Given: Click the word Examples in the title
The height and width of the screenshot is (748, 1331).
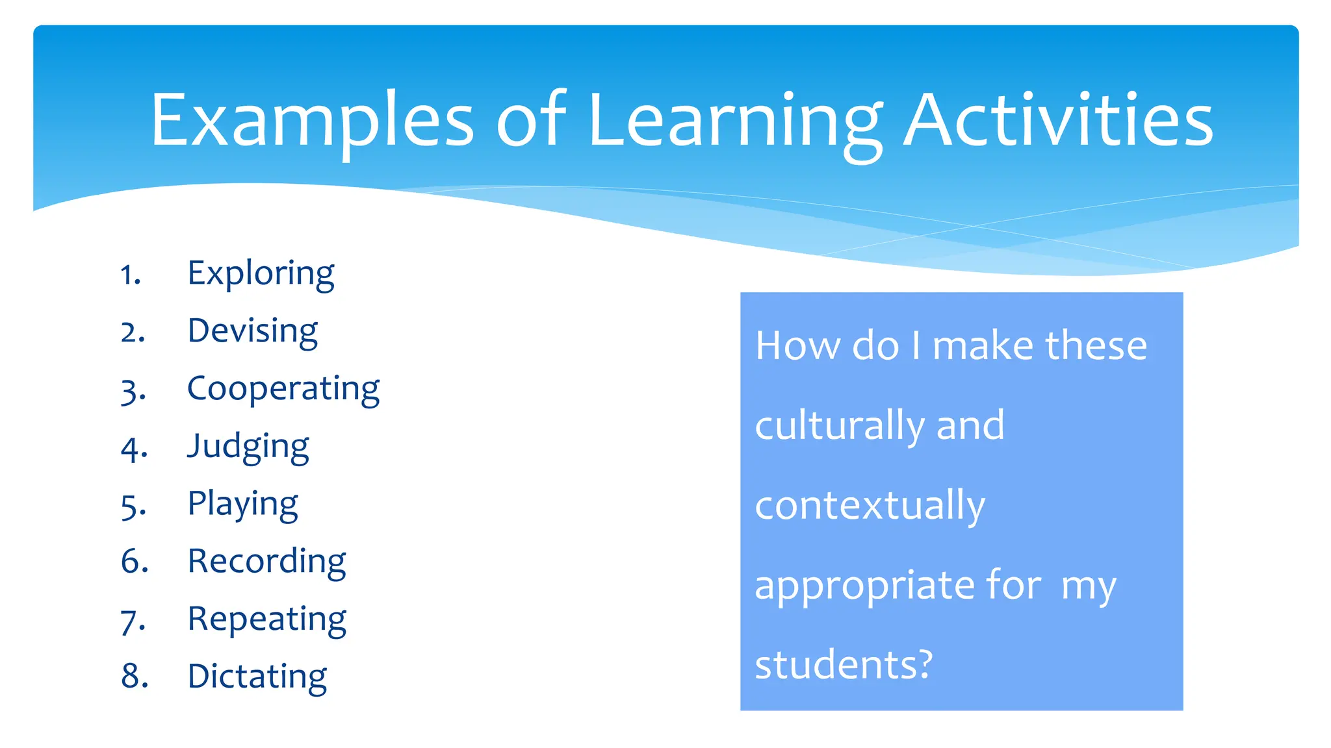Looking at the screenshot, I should (x=312, y=121).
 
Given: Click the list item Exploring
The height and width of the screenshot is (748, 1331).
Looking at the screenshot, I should (x=261, y=273).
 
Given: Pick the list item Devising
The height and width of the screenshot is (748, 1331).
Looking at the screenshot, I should (x=252, y=331).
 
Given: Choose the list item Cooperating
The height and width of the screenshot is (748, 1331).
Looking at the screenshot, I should (x=283, y=389).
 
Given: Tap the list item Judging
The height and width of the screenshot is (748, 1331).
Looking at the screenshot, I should (x=248, y=447).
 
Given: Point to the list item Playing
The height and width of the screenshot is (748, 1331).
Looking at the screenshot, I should (x=242, y=504).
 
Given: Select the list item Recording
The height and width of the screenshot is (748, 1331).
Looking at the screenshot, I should (x=266, y=561).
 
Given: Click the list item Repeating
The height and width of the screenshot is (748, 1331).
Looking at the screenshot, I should (x=266, y=619).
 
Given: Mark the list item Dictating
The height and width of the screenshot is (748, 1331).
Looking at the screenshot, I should (x=257, y=676).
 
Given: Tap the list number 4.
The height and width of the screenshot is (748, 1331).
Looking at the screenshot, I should (x=134, y=449).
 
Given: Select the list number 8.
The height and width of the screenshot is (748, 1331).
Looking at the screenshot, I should (x=135, y=677).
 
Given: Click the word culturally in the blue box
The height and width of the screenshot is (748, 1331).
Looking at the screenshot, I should (x=838, y=426).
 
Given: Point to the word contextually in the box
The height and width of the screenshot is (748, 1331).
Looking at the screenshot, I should (x=870, y=506).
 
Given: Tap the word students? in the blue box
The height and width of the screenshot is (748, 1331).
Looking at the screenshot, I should (x=844, y=665).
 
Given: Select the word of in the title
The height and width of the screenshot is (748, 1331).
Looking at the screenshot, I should (x=532, y=121).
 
